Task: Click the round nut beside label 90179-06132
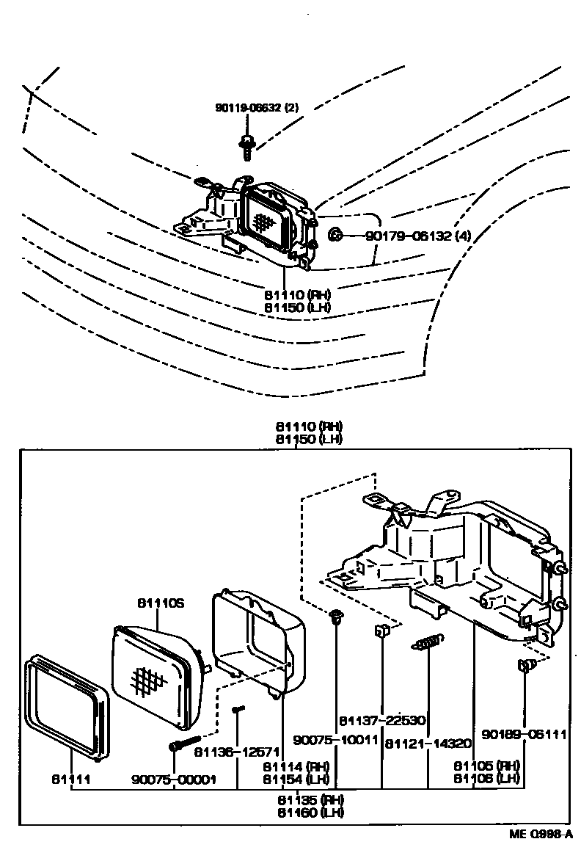(x=334, y=235)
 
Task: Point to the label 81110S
(x=159, y=603)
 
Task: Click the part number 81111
(x=70, y=779)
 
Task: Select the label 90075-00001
(x=174, y=779)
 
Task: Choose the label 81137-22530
(x=383, y=720)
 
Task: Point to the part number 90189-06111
(x=524, y=733)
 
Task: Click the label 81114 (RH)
(x=296, y=766)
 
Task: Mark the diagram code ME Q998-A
(x=542, y=835)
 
